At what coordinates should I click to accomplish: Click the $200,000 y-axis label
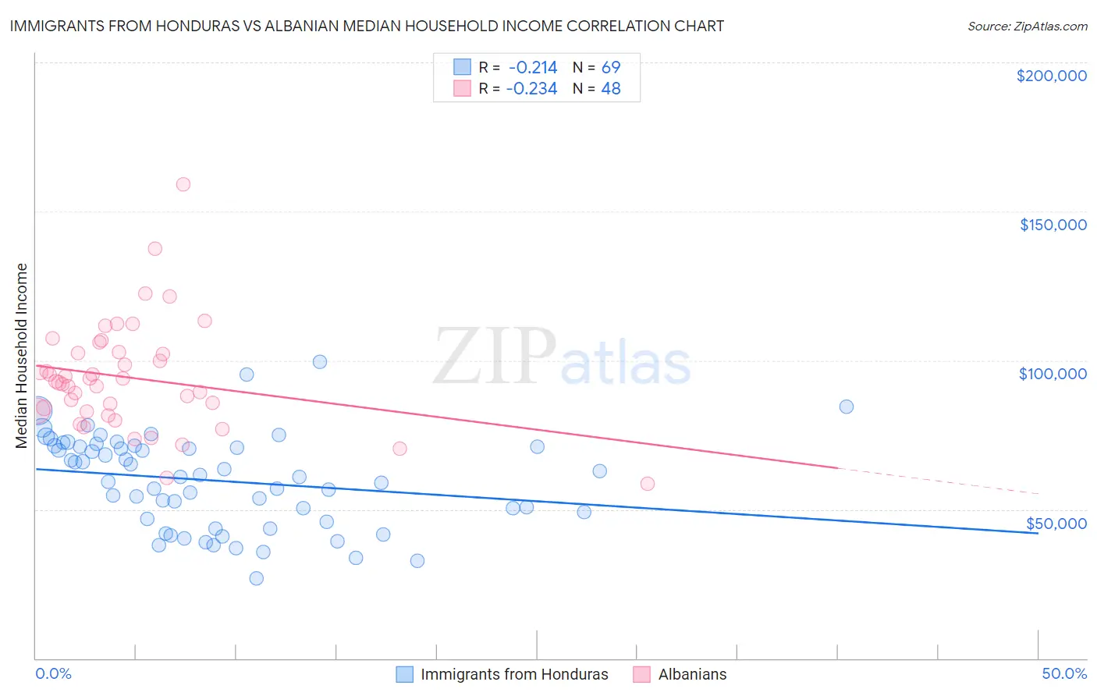(x=1051, y=76)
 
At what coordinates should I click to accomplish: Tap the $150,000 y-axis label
(x=1053, y=225)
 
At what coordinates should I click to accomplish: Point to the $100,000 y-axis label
(x=1053, y=374)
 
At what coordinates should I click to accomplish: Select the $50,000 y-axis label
(x=1056, y=524)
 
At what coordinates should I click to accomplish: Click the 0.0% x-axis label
(x=53, y=673)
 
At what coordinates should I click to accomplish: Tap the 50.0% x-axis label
(x=1064, y=673)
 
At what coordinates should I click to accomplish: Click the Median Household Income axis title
(x=21, y=356)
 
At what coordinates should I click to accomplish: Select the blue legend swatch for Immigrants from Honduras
(x=404, y=674)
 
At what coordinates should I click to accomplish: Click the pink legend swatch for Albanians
(x=641, y=674)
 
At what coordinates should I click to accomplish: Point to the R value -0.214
(x=533, y=68)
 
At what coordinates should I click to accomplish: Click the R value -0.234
(x=531, y=89)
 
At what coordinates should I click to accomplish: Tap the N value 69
(x=611, y=68)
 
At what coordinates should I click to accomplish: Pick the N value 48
(x=611, y=89)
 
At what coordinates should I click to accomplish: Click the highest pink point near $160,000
(x=183, y=185)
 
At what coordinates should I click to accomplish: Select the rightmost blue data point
(x=846, y=407)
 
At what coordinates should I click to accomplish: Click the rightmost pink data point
(x=647, y=484)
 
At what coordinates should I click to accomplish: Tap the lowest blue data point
(x=256, y=578)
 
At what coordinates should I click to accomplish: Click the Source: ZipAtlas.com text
(x=1027, y=27)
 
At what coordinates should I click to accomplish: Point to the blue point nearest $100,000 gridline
(x=320, y=362)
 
